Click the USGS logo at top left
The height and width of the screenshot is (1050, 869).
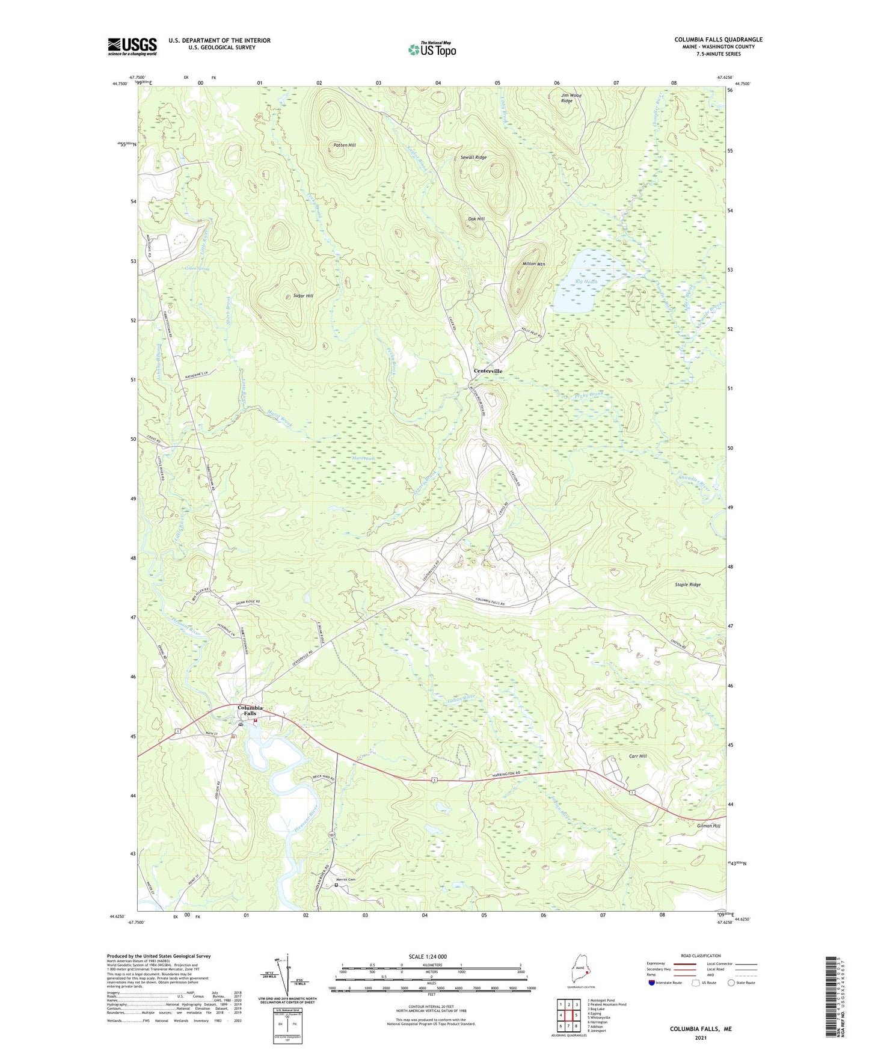pyautogui.click(x=132, y=46)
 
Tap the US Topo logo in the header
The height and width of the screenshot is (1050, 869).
pyautogui.click(x=432, y=49)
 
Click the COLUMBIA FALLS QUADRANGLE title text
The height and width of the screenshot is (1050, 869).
pyautogui.click(x=718, y=40)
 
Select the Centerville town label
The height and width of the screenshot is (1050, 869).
pyautogui.click(x=488, y=371)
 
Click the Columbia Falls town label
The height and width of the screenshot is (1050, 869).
pyautogui.click(x=250, y=710)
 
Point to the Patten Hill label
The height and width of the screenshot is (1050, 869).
pyautogui.click(x=345, y=146)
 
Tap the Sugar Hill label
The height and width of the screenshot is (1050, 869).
pyautogui.click(x=302, y=296)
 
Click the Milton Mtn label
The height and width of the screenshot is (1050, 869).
pyautogui.click(x=533, y=264)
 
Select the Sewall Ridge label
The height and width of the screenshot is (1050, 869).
pyautogui.click(x=473, y=158)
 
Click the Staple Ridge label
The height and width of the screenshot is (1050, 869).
pyautogui.click(x=687, y=585)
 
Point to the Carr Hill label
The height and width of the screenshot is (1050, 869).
pyautogui.click(x=637, y=756)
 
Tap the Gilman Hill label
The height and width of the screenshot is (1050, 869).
pyautogui.click(x=708, y=826)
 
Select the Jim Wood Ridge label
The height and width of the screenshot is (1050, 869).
pyautogui.click(x=571, y=98)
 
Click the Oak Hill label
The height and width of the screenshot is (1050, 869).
pyautogui.click(x=476, y=219)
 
